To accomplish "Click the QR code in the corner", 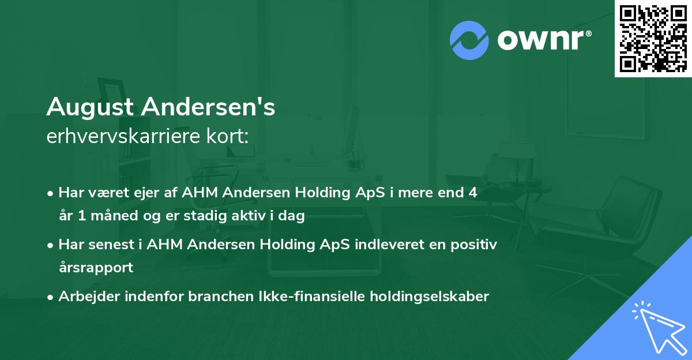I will (653, 38).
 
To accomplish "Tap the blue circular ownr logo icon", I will (469, 40).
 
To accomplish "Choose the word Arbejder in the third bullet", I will (85, 297).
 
